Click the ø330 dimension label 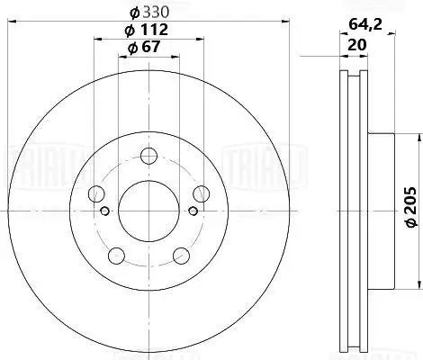coord(147,12)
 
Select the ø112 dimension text coord(147,31)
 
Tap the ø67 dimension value coord(145,48)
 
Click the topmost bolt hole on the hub coord(147,154)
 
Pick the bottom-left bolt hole coord(115,253)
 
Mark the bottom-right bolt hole coord(179,253)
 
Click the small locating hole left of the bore coord(105,212)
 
